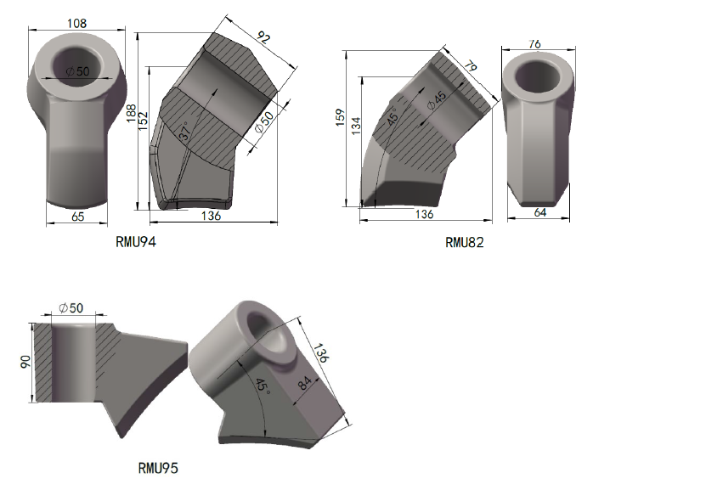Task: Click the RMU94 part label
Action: [136, 241]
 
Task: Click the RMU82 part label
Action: [465, 243]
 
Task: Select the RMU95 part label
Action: [158, 468]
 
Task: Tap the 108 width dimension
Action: [76, 23]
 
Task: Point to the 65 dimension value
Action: [78, 217]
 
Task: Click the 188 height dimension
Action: [132, 114]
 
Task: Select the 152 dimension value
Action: [143, 121]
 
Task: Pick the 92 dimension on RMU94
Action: [263, 37]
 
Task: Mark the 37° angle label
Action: [184, 131]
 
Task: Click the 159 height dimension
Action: [341, 117]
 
